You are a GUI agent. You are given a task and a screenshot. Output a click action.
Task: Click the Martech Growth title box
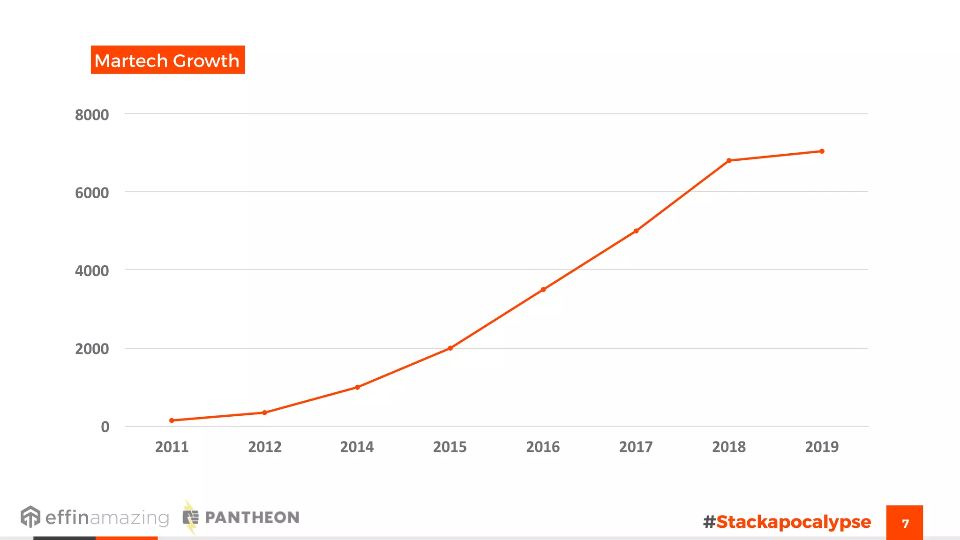pyautogui.click(x=167, y=60)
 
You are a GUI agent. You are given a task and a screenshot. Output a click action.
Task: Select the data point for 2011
pyautogui.click(x=172, y=420)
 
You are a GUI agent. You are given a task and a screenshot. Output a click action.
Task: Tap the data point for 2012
pyautogui.click(x=265, y=412)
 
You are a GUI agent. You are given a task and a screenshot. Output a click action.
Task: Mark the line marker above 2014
pyautogui.click(x=358, y=387)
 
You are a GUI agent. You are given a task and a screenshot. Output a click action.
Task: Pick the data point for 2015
pyautogui.click(x=450, y=348)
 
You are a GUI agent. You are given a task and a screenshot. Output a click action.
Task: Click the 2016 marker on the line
pyautogui.click(x=543, y=289)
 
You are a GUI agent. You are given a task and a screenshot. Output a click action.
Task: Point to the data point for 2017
pyautogui.click(x=636, y=231)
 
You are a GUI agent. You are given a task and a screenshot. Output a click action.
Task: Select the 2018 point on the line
pyautogui.click(x=729, y=160)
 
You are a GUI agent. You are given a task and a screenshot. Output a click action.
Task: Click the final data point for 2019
pyautogui.click(x=822, y=151)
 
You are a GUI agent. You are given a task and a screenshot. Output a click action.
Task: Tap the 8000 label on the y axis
pyautogui.click(x=92, y=115)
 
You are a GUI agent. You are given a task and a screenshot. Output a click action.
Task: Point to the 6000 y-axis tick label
pyautogui.click(x=92, y=193)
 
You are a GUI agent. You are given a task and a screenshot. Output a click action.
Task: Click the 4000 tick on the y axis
pyautogui.click(x=92, y=270)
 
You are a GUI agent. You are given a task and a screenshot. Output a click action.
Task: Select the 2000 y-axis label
pyautogui.click(x=92, y=349)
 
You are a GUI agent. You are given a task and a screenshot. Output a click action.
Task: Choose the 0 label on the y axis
pyautogui.click(x=105, y=427)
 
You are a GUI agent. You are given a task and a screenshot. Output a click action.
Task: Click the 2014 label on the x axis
pyautogui.click(x=357, y=447)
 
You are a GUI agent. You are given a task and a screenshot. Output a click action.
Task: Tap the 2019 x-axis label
pyautogui.click(x=822, y=447)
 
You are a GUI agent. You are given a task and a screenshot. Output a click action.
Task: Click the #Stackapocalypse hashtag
pyautogui.click(x=787, y=522)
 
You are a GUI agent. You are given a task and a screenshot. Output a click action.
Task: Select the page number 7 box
pyautogui.click(x=904, y=523)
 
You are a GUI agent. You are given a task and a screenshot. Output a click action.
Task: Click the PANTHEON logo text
pyautogui.click(x=252, y=517)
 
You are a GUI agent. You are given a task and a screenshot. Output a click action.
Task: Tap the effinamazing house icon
pyautogui.click(x=30, y=517)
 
